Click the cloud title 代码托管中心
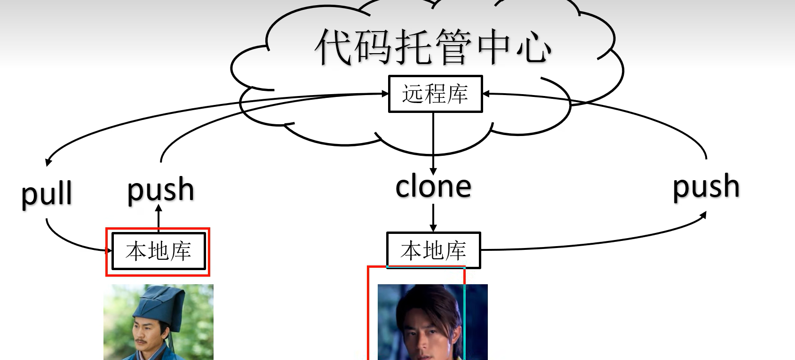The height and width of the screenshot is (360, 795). pyautogui.click(x=433, y=47)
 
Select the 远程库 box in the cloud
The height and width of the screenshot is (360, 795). pyautogui.click(x=435, y=94)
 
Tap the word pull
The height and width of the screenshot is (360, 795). pyautogui.click(x=47, y=194)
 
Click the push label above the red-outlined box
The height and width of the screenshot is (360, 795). pyautogui.click(x=161, y=190)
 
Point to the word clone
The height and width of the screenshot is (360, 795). pyautogui.click(x=433, y=187)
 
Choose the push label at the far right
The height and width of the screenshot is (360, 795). pyautogui.click(x=706, y=187)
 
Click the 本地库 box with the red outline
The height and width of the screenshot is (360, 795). pyautogui.click(x=159, y=251)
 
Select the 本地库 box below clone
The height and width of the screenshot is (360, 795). pyautogui.click(x=433, y=250)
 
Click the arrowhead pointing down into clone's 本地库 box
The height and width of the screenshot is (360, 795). pyautogui.click(x=433, y=228)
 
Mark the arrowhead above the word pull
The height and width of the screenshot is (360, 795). pyautogui.click(x=48, y=162)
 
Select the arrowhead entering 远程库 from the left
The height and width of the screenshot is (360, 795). pyautogui.click(x=385, y=94)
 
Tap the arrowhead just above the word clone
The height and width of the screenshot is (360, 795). pyautogui.click(x=433, y=171)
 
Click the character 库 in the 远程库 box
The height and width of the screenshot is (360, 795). pyautogui.click(x=457, y=94)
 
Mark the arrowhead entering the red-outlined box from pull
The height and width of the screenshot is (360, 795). pyautogui.click(x=109, y=250)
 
